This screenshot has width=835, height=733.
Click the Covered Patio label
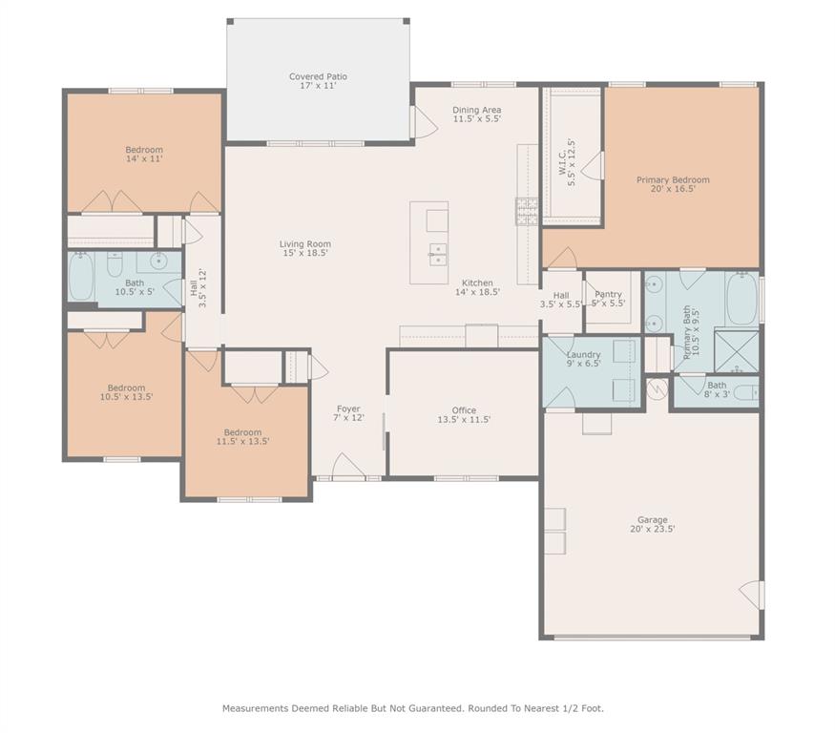click(x=318, y=81)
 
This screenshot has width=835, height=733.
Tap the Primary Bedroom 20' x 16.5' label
click(x=673, y=184)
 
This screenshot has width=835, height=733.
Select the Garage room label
click(x=653, y=525)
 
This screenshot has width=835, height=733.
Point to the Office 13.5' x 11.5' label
click(x=464, y=415)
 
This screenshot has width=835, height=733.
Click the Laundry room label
click(x=583, y=359)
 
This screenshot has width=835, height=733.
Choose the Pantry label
click(x=608, y=299)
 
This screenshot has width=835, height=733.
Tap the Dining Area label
click(x=476, y=115)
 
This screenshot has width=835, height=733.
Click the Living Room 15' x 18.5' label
click(x=305, y=249)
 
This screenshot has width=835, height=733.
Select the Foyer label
click(x=348, y=413)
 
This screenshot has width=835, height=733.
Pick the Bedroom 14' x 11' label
click(x=144, y=154)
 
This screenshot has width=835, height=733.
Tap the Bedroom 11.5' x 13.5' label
click(x=242, y=437)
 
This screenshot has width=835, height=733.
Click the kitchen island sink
click(x=436, y=254)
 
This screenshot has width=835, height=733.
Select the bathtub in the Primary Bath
click(x=741, y=299)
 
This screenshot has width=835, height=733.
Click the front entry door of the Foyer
click(x=349, y=468)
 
